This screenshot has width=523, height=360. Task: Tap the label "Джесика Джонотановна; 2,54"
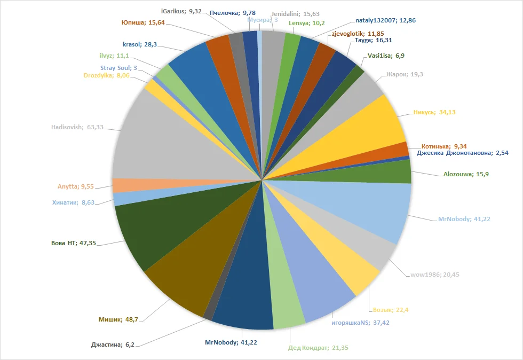[463, 153]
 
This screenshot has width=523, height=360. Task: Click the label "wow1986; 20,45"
[434, 275]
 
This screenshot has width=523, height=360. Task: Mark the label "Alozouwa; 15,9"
[465, 174]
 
